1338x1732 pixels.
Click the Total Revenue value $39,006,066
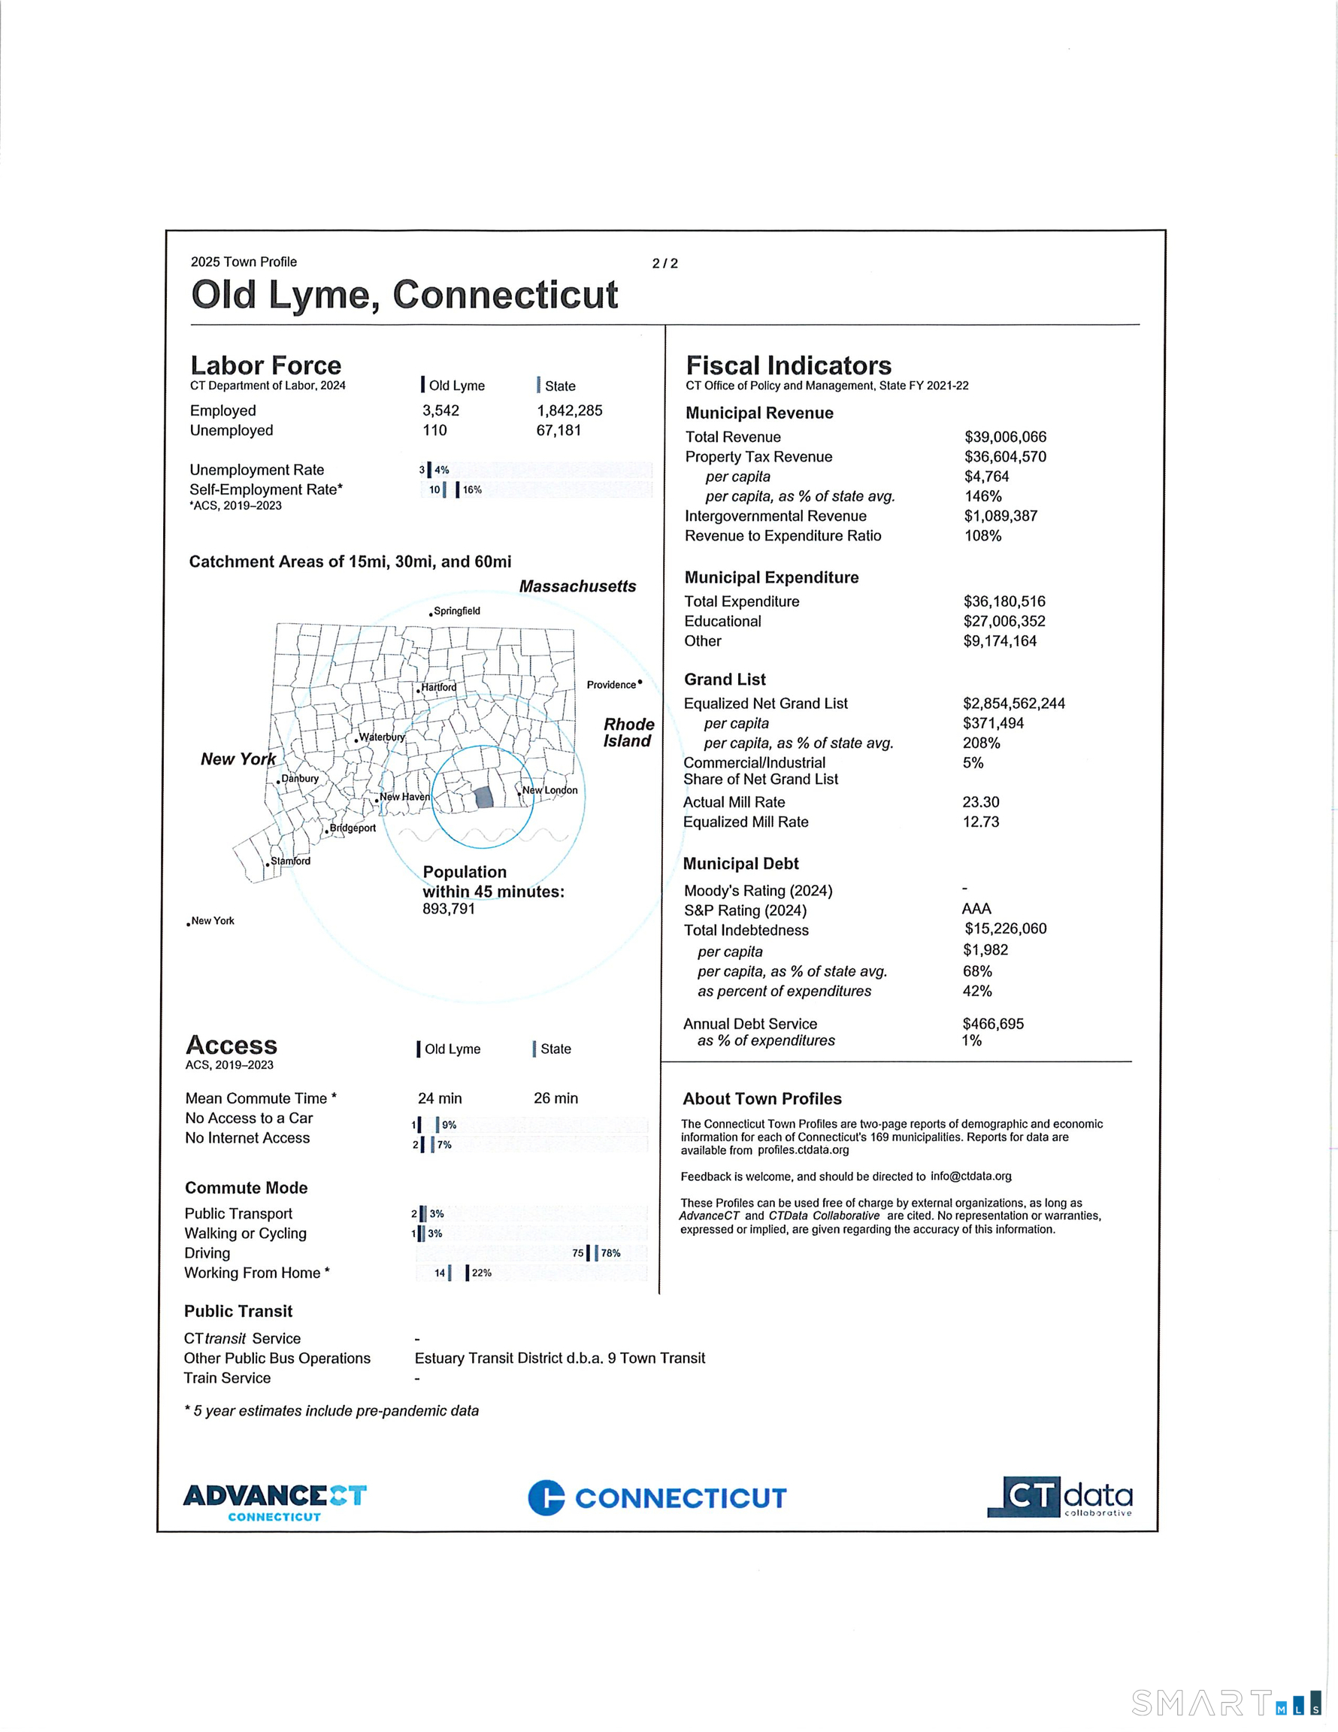pyautogui.click(x=1005, y=437)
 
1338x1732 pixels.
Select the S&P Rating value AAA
pyautogui.click(x=976, y=909)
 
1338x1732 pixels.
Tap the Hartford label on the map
pyautogui.click(x=438, y=687)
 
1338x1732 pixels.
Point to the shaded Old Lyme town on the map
pyautogui.click(x=483, y=798)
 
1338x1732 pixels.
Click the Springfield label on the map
pyautogui.click(x=456, y=610)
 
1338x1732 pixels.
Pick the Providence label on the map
pyautogui.click(x=612, y=684)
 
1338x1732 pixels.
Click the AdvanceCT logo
pyautogui.click(x=274, y=1502)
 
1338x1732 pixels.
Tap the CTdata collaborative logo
pyautogui.click(x=1060, y=1497)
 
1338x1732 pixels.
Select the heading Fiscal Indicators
pyautogui.click(x=789, y=365)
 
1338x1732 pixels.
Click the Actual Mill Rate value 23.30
pyautogui.click(x=980, y=802)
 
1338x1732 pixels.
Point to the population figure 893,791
pyautogui.click(x=448, y=909)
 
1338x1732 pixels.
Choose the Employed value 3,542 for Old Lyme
pyautogui.click(x=440, y=410)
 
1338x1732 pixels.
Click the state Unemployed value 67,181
pyautogui.click(x=559, y=431)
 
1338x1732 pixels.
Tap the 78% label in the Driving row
pyautogui.click(x=610, y=1253)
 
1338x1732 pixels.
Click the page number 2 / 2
pyautogui.click(x=664, y=263)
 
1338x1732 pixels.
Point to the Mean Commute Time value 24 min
pyautogui.click(x=440, y=1098)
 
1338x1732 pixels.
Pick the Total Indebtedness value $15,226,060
pyautogui.click(x=1005, y=928)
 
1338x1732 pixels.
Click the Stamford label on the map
pyautogui.click(x=290, y=861)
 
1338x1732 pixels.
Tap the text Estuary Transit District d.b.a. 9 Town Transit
pyautogui.click(x=559, y=1358)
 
